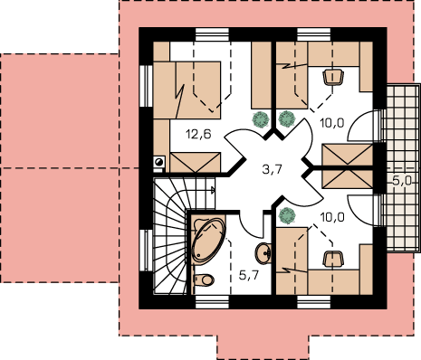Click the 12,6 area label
click(x=198, y=134)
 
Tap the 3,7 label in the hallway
click(x=273, y=169)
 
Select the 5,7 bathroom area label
click(x=249, y=275)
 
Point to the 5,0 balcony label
click(x=402, y=181)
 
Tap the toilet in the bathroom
click(x=204, y=279)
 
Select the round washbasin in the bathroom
click(x=263, y=253)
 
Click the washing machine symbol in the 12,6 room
click(x=159, y=162)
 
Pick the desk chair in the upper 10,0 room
click(x=333, y=77)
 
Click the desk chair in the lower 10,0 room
click(x=333, y=259)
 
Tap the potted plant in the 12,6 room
click(x=261, y=119)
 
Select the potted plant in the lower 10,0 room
click(x=287, y=215)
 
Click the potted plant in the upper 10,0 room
click(x=286, y=118)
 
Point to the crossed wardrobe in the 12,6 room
click(x=196, y=162)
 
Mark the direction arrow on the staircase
click(x=213, y=190)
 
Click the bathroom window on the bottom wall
click(x=212, y=302)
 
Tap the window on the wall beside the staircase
click(x=147, y=251)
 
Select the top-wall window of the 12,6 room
click(x=212, y=34)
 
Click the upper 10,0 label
click(x=332, y=123)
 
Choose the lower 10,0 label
click(x=332, y=217)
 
